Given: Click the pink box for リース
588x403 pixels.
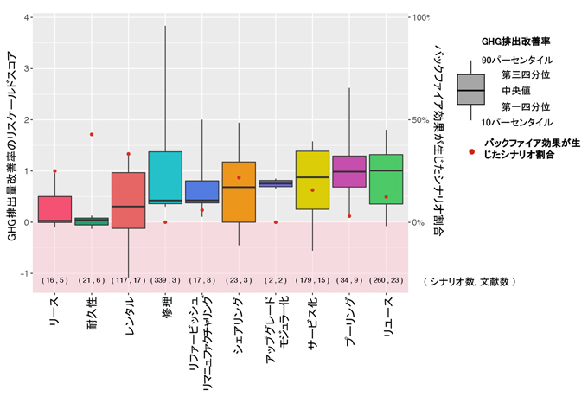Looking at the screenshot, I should [x=54, y=209].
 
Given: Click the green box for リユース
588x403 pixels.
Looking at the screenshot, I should [x=386, y=179].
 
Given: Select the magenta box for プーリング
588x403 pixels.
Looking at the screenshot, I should [x=349, y=171].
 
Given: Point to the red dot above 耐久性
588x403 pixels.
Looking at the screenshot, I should [x=92, y=135].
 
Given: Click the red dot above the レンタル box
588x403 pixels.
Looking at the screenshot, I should [x=128, y=154].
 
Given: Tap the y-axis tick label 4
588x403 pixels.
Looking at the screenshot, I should [x=29, y=18].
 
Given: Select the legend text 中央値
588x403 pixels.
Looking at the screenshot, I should [x=516, y=90].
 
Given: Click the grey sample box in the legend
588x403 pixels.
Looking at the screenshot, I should [x=470, y=90].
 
